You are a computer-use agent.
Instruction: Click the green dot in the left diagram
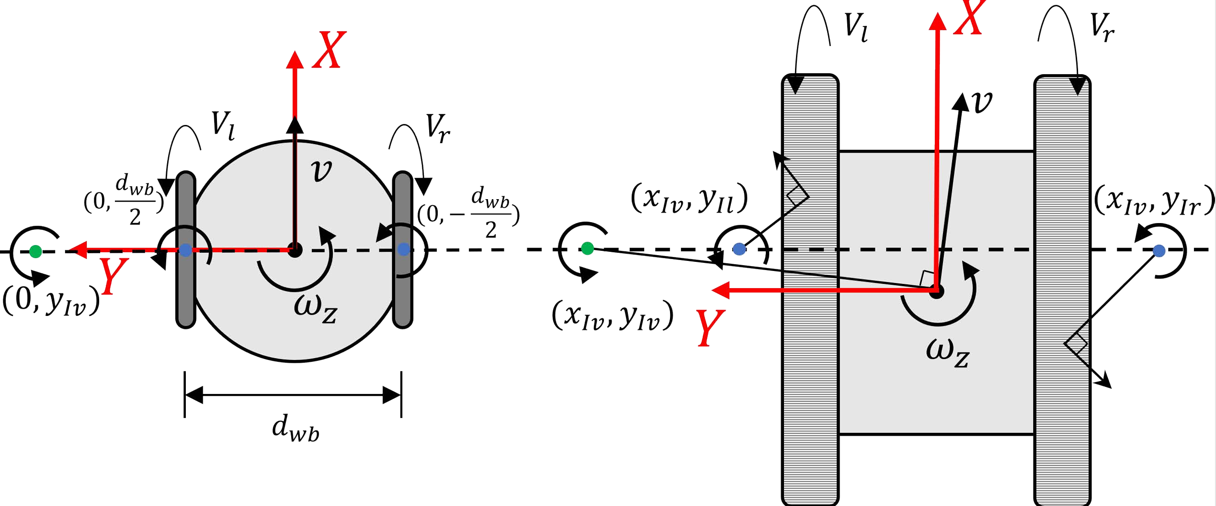[35, 251]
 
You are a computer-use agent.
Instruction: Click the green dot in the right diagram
[587, 248]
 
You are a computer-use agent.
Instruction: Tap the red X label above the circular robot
[329, 50]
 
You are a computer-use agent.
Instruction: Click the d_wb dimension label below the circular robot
[295, 427]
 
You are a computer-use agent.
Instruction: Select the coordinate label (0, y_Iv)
[51, 302]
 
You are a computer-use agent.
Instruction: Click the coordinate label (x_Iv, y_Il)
[689, 198]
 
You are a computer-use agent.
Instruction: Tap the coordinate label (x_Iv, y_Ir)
[1154, 200]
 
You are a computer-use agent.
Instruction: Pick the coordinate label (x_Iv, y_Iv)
[613, 316]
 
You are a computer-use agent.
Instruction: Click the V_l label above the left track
[855, 27]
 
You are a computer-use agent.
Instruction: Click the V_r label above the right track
[1102, 27]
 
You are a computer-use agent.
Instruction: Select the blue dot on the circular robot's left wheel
[185, 250]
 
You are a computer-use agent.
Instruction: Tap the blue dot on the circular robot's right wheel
[404, 249]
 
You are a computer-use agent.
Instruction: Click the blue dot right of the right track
[1159, 250]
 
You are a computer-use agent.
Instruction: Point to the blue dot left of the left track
[739, 249]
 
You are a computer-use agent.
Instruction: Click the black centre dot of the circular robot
[295, 249]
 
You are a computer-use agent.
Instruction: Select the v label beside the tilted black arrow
[981, 102]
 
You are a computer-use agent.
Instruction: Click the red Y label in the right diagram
[710, 328]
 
